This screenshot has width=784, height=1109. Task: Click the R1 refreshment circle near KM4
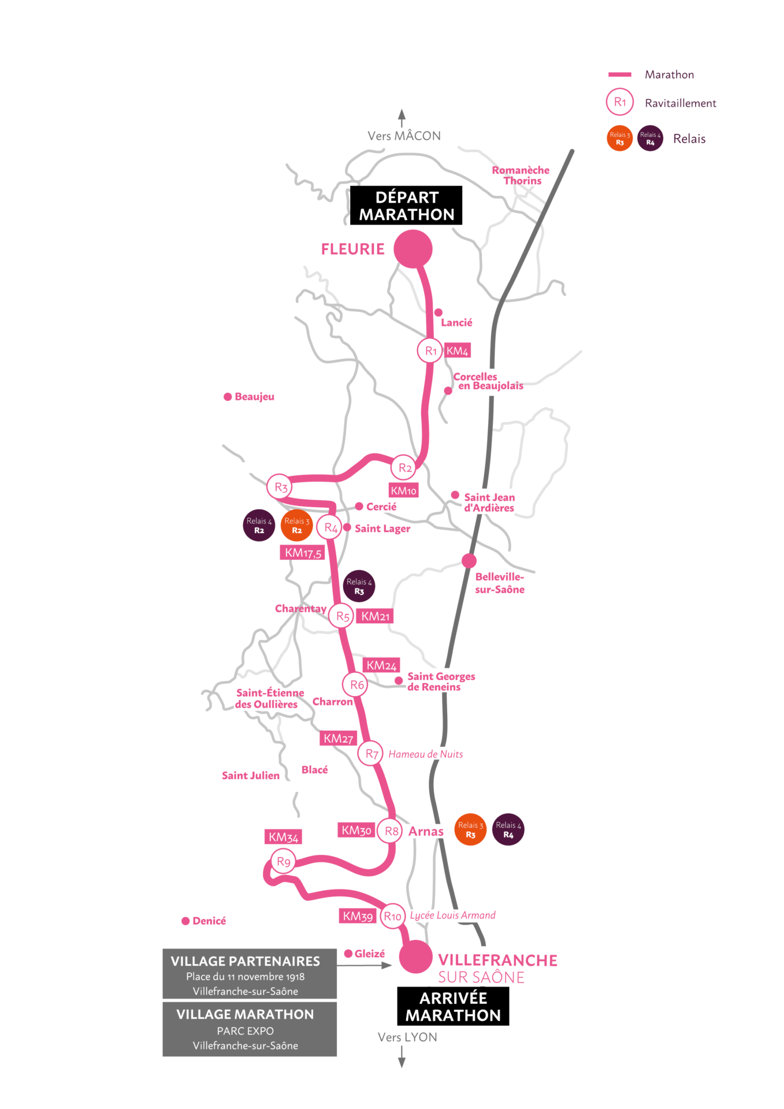[x=430, y=351]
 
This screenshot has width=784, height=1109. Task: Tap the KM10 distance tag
[x=403, y=490]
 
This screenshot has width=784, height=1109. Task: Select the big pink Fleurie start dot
[x=413, y=249]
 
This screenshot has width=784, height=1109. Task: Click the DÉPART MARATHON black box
[x=406, y=206]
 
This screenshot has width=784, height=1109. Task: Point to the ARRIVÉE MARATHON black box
[x=453, y=1006]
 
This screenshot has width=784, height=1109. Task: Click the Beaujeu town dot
[x=228, y=397]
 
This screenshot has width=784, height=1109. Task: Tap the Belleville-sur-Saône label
[x=500, y=583]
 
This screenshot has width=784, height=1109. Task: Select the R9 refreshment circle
[x=283, y=862]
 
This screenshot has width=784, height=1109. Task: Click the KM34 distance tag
[x=283, y=837]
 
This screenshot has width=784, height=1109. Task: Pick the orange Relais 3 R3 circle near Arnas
[x=471, y=829]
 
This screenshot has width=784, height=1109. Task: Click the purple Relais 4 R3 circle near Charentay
[x=359, y=586]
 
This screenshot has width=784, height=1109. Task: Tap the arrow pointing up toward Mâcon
[x=402, y=118]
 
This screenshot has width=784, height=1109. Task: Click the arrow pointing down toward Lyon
[x=402, y=1057]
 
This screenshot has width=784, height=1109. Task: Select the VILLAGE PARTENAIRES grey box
[x=250, y=974]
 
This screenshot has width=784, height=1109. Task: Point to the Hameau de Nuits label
[x=426, y=754]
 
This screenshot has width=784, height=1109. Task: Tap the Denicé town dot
[x=185, y=921]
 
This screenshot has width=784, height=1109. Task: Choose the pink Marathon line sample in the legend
[x=619, y=75]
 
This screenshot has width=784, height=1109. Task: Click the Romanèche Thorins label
[x=521, y=175]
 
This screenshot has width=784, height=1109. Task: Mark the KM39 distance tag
[x=358, y=916]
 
